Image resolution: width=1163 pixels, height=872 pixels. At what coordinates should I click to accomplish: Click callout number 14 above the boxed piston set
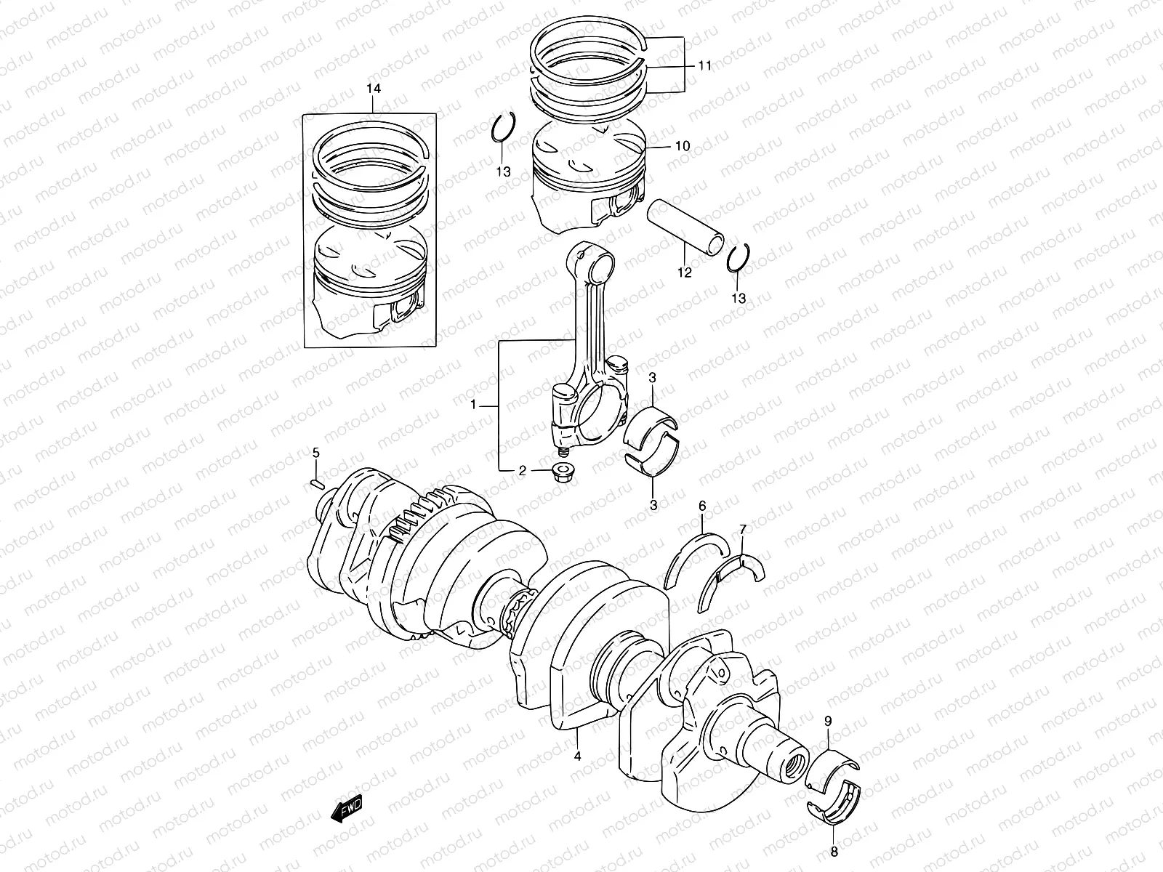coord(373,89)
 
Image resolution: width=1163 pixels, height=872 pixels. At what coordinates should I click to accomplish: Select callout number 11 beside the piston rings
coord(704,65)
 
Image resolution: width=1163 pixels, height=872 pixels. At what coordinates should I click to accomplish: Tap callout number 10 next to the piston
coord(682,146)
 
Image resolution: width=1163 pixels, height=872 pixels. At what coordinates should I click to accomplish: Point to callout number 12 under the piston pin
coord(685,273)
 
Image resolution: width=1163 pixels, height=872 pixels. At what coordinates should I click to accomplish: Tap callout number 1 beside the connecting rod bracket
coord(473,405)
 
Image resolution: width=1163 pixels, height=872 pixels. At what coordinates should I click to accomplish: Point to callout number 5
coord(316,453)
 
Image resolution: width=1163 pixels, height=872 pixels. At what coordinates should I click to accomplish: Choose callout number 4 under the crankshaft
coord(578,756)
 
